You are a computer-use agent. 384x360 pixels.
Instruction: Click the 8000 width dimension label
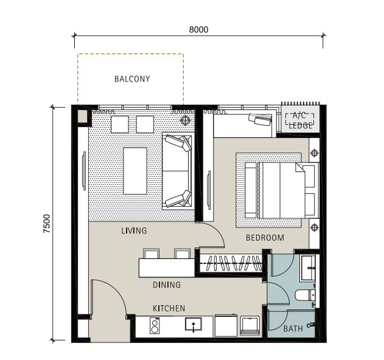(198, 30)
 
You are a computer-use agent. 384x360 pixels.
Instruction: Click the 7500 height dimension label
(46, 223)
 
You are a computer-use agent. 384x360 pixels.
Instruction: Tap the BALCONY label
(132, 79)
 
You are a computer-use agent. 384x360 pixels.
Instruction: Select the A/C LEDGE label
(300, 120)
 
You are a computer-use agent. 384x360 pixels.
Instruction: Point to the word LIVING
(134, 230)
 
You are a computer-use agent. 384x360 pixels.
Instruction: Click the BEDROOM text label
(265, 238)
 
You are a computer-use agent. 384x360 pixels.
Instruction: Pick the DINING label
(167, 285)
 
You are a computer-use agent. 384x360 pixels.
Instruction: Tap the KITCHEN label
(169, 308)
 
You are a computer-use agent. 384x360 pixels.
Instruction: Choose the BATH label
(293, 328)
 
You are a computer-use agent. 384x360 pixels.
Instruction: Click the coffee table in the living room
(135, 171)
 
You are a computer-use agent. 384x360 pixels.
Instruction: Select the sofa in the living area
(178, 171)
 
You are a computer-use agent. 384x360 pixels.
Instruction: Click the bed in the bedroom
(282, 190)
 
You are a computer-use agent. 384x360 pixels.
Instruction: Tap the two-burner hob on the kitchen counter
(155, 325)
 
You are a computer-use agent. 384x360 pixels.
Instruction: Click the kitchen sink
(194, 324)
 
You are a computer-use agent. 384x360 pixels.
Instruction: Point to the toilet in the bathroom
(305, 295)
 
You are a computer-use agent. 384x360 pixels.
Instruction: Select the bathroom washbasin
(308, 268)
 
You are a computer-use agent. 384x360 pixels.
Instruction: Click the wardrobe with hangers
(231, 263)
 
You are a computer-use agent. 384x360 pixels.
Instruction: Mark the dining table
(167, 268)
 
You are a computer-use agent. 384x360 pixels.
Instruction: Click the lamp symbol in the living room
(186, 120)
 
